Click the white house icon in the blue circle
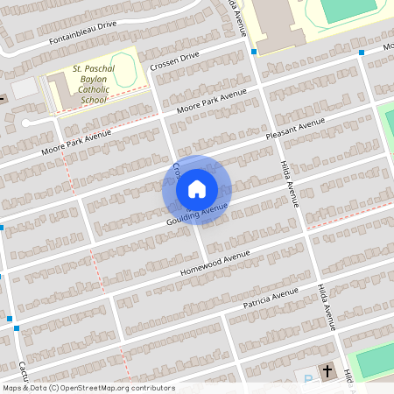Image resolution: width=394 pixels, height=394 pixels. pyautogui.click(x=197, y=188)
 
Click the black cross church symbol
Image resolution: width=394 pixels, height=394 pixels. pyautogui.click(x=328, y=371)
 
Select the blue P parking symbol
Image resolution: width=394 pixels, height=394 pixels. pyautogui.click(x=308, y=379)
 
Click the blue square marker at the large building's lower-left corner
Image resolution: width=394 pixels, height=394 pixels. pyautogui.click(x=253, y=52)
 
